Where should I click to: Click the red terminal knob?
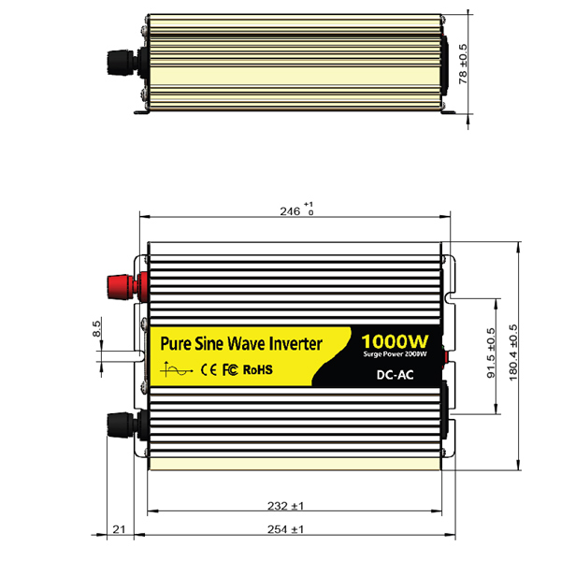(x=121, y=287)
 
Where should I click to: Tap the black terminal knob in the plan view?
(x=121, y=424)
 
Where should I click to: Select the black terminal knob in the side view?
(x=121, y=63)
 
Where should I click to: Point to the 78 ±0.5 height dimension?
(x=463, y=64)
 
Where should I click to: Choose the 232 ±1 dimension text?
(x=285, y=506)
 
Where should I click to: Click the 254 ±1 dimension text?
(x=285, y=529)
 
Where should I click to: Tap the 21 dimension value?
(x=119, y=529)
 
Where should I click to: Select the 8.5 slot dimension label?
(x=96, y=328)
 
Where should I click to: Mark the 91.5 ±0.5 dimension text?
(x=492, y=352)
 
